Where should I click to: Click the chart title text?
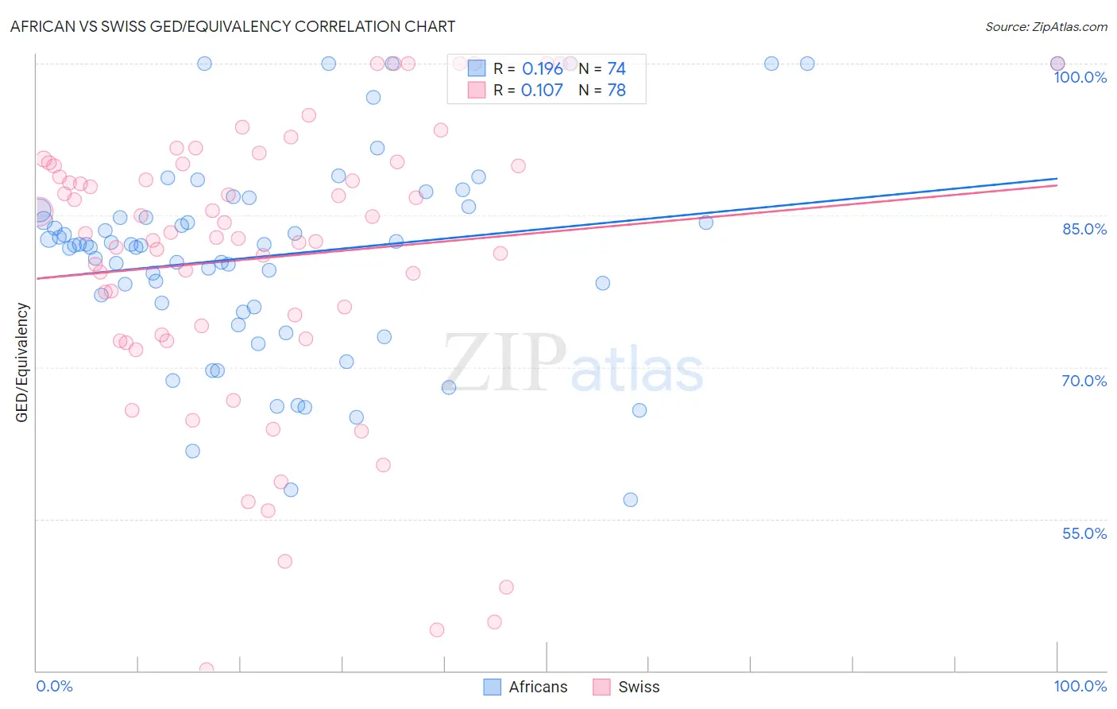click(x=233, y=26)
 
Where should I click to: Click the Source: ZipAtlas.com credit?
click(x=1045, y=27)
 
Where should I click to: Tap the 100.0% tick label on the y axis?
click(x=1080, y=77)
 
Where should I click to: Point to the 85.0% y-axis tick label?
click(x=1084, y=229)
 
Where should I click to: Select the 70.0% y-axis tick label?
click(x=1084, y=381)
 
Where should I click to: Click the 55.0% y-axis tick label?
click(x=1084, y=533)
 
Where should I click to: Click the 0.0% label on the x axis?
click(x=54, y=686)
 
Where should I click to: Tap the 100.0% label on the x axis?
click(x=1080, y=686)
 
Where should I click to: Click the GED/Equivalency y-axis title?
click(x=22, y=362)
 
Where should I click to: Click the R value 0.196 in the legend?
click(x=542, y=69)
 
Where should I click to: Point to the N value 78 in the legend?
click(x=616, y=91)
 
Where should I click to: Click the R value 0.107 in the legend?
click(x=542, y=91)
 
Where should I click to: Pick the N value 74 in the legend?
click(x=616, y=69)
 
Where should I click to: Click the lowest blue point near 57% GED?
click(x=631, y=500)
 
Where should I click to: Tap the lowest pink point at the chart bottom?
click(x=207, y=669)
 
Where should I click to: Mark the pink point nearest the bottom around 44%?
click(x=437, y=630)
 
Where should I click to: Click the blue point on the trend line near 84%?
click(x=705, y=223)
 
